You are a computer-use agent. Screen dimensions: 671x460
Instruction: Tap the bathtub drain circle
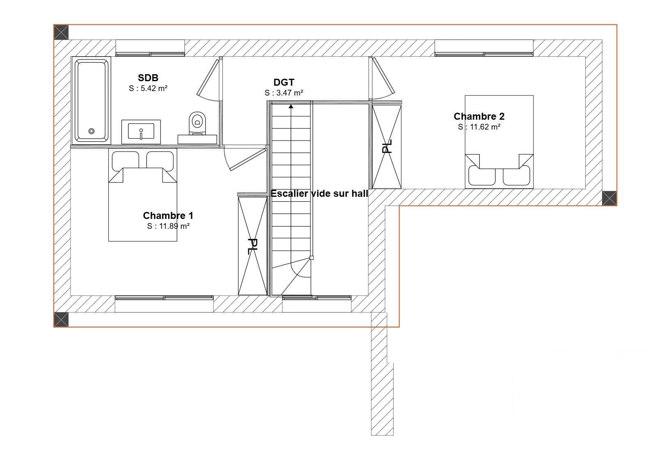92,131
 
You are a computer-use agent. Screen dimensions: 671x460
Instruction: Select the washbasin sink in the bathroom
141,132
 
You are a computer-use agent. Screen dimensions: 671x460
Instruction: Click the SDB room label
148,78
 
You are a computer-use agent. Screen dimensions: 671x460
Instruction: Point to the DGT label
284,82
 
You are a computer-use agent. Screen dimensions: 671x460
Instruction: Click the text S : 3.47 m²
284,93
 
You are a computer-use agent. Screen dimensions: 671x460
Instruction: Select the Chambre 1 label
168,216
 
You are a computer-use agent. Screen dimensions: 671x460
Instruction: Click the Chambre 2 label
479,116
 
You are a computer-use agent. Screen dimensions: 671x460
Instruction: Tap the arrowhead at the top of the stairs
291,106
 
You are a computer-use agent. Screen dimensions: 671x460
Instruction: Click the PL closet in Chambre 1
252,246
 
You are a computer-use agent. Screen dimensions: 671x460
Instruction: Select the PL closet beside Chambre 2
387,146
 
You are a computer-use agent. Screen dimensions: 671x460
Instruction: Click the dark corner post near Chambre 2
609,198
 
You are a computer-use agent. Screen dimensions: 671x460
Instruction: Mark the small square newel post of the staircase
311,258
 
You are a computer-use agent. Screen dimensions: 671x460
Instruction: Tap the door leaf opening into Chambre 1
248,159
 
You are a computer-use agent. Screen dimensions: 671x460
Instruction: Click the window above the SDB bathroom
150,48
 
